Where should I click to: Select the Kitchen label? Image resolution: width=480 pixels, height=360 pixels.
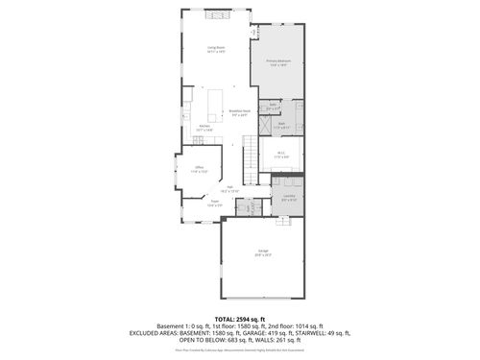204,127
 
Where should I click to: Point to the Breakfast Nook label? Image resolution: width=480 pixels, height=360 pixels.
241,111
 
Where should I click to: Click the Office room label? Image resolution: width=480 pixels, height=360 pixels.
200,168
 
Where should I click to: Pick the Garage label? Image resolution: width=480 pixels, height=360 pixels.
262,254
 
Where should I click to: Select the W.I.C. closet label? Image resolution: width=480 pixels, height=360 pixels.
280,156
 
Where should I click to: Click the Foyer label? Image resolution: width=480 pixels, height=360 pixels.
215,203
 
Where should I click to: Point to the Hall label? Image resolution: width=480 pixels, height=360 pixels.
230,189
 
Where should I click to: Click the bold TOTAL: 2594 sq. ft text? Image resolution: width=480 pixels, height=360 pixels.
239,318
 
